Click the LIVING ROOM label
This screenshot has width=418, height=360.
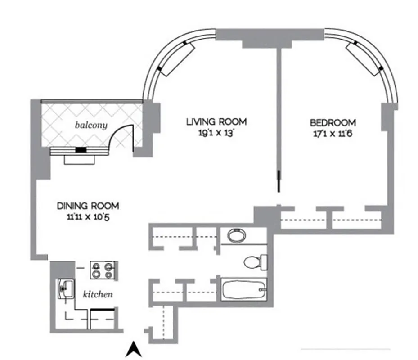point(216,121)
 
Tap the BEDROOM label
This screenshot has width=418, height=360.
point(333,122)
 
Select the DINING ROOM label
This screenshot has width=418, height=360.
point(88,206)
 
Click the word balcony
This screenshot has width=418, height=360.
point(91,125)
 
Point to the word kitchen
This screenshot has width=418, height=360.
point(97,295)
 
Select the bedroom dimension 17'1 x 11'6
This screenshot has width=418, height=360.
point(333,134)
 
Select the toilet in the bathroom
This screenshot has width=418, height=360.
point(254,261)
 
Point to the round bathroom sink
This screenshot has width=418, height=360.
point(236,235)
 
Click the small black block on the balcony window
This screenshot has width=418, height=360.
point(81,150)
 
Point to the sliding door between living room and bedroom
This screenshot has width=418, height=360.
point(279,182)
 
